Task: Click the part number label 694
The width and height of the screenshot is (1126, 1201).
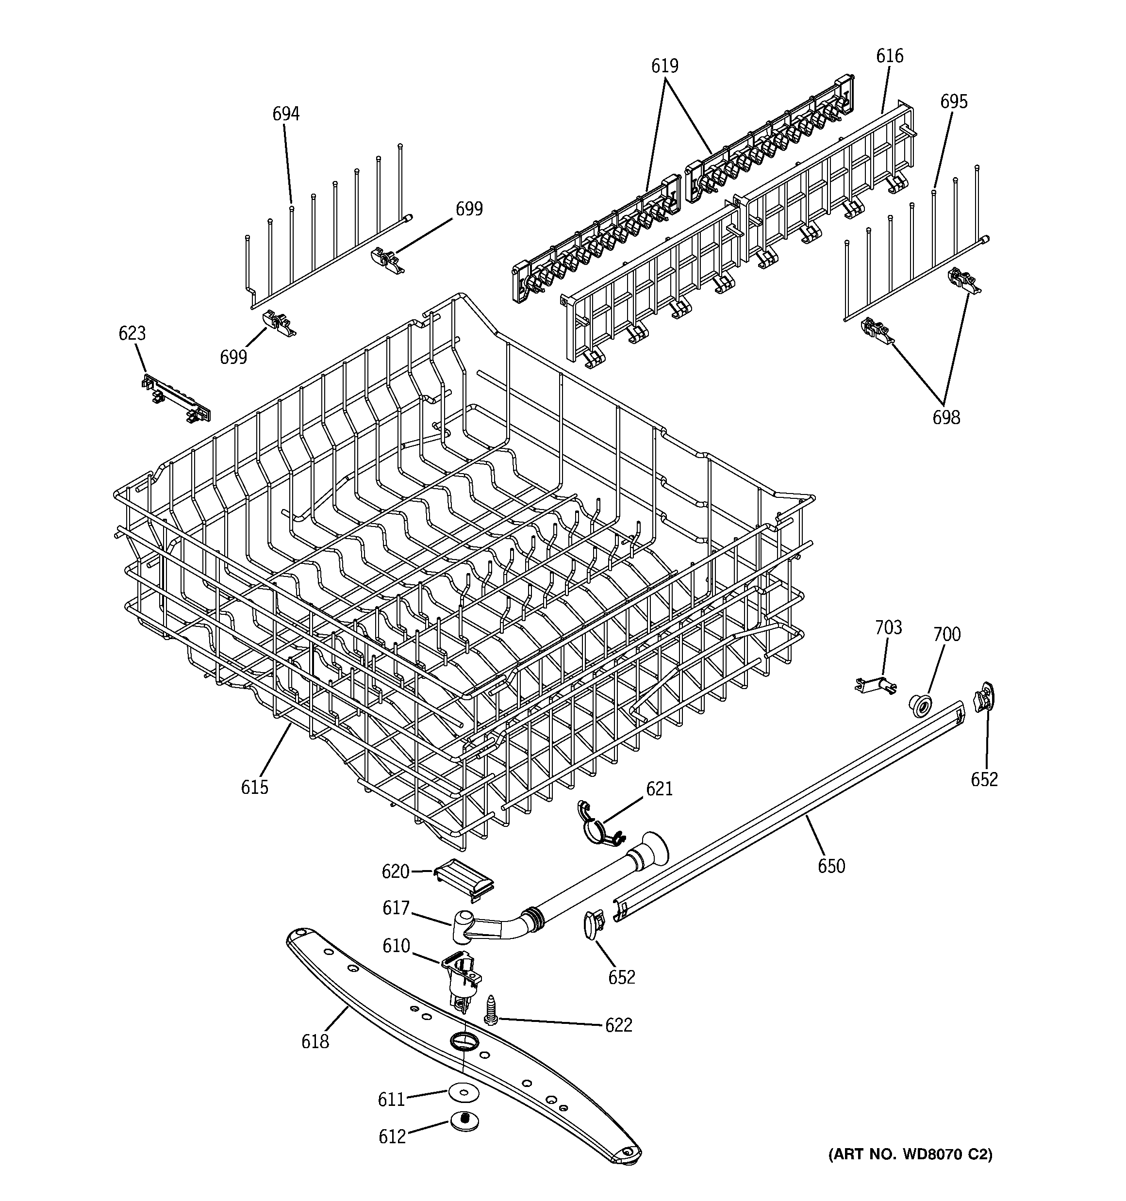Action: [286, 114]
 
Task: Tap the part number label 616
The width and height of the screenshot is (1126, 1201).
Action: [890, 56]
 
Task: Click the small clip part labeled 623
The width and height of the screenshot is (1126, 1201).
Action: [176, 399]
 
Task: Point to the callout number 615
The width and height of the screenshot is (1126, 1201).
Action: [254, 787]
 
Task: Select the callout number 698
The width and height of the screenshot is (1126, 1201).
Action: [946, 417]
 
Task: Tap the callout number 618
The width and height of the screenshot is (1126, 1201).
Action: [315, 1041]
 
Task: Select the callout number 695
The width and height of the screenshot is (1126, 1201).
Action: [954, 101]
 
